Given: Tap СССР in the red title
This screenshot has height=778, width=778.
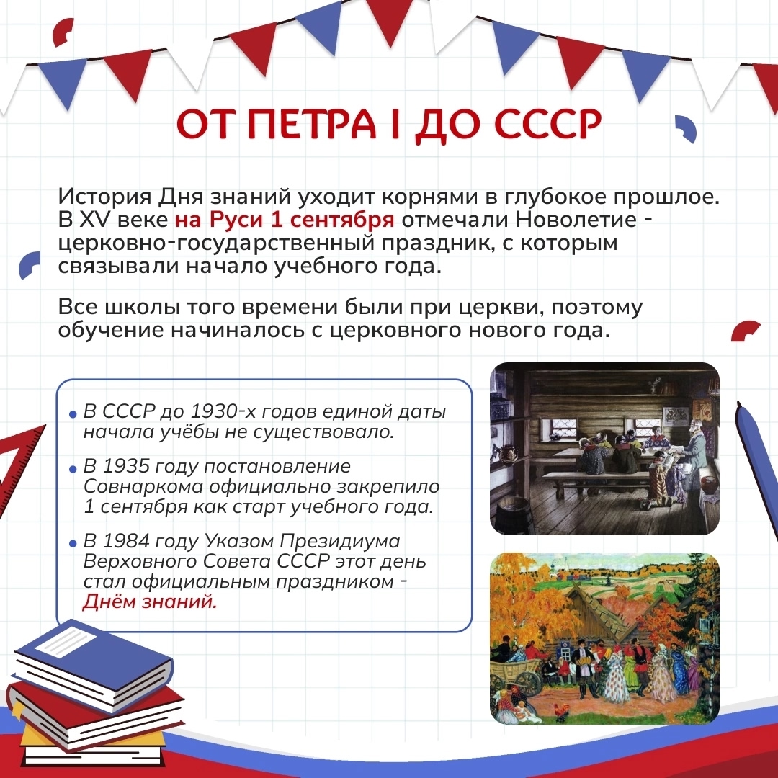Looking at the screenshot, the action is pyautogui.click(x=547, y=124).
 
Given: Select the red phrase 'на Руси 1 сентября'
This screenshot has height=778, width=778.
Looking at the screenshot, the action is pyautogui.click(x=285, y=219).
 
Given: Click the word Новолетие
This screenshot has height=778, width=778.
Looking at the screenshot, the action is pyautogui.click(x=576, y=219).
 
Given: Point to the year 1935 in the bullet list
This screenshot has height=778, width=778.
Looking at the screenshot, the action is pyautogui.click(x=126, y=466).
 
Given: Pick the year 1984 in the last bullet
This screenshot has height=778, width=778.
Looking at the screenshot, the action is pyautogui.click(x=126, y=541).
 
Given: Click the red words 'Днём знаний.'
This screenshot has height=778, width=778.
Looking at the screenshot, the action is pyautogui.click(x=150, y=602).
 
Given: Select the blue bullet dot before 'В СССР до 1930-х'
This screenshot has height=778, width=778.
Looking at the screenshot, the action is pyautogui.click(x=73, y=413).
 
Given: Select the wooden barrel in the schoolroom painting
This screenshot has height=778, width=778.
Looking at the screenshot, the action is pyautogui.click(x=514, y=514).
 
